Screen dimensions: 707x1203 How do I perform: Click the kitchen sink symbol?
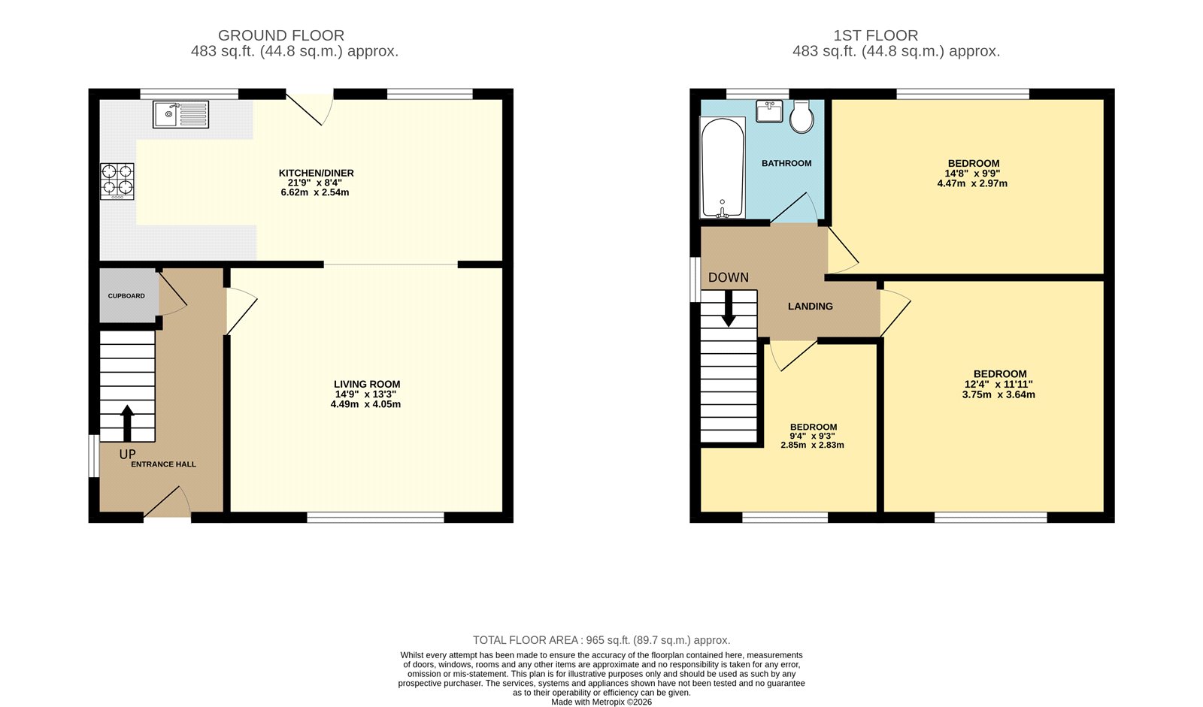coord(180,114)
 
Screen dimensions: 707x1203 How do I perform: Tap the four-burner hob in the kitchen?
coord(117,181)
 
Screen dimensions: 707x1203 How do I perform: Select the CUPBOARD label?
coord(126,296)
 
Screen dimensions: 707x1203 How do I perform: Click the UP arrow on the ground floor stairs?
coord(127,422)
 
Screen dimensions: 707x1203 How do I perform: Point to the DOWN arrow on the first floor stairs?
coord(729,309)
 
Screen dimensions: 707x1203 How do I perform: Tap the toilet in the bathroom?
coord(801,117)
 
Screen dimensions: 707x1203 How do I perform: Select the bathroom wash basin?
coord(769,112)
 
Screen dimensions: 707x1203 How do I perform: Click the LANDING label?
coord(810,307)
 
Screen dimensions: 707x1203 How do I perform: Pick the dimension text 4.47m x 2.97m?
coord(972,183)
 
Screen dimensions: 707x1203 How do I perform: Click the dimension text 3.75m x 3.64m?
coord(998,394)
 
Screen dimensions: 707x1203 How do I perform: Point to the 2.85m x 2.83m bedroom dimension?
coord(812,445)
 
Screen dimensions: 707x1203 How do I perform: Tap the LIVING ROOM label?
coord(367,384)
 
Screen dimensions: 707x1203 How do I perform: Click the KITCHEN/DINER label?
coord(316,173)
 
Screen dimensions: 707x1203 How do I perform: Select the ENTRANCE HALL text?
coord(163,464)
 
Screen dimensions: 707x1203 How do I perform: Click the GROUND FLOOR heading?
coord(281,35)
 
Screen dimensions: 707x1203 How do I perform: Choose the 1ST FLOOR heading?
coord(875,35)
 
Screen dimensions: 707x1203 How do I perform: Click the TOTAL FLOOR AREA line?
coord(601,640)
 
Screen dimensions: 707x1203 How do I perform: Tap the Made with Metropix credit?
coord(601,702)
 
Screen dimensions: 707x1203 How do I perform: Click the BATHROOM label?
coord(786,163)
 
